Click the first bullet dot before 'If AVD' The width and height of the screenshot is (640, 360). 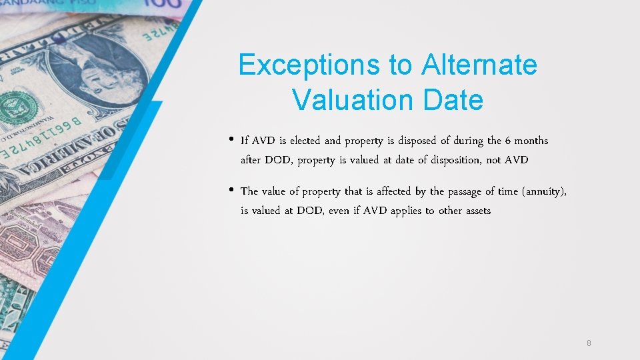230,140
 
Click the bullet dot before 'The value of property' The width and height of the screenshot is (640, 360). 230,191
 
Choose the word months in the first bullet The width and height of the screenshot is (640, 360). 531,141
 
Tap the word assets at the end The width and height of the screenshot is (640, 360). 477,211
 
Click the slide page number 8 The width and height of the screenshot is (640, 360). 589,343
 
